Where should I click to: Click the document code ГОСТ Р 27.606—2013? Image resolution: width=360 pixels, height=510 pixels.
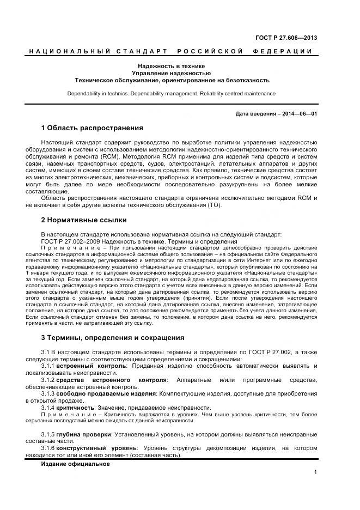tap(286, 38)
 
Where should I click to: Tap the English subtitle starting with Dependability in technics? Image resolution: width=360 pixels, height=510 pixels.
tap(172, 94)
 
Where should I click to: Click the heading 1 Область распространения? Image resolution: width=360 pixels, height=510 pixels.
tap(92, 128)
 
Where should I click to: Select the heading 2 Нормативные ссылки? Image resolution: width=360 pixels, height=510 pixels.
tap(84, 220)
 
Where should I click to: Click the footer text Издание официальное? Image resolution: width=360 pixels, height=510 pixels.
tap(75, 464)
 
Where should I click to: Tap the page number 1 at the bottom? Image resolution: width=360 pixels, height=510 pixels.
tap(315, 472)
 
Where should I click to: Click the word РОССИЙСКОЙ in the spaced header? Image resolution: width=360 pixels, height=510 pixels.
tap(210, 51)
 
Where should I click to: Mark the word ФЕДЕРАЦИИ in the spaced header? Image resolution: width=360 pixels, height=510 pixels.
tap(282, 51)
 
